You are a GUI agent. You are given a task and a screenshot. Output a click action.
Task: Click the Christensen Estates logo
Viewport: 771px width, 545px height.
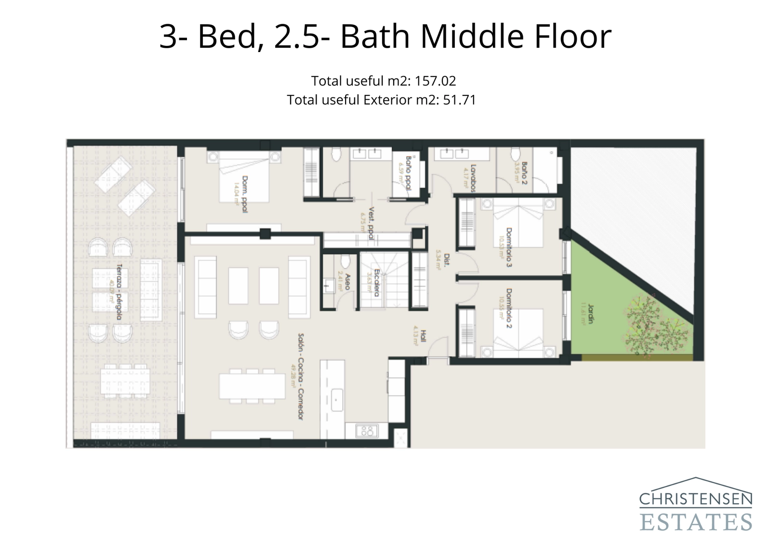(x=695, y=505)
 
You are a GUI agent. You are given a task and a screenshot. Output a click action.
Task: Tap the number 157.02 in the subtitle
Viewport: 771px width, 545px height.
(x=435, y=80)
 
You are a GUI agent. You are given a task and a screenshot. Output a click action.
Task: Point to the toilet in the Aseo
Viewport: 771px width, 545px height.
(x=345, y=261)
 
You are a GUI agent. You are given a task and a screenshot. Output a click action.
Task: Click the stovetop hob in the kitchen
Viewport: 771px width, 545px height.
(x=367, y=430)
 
